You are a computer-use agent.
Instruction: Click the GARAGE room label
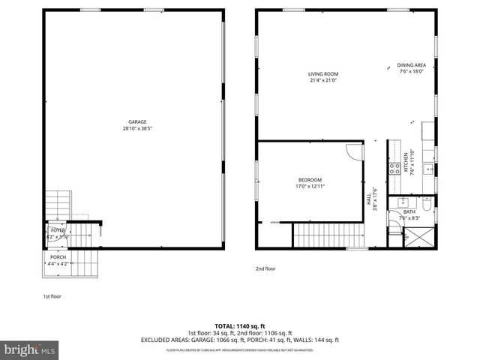coord(136,121)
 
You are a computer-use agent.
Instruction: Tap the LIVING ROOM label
coord(323,74)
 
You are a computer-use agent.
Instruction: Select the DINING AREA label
coord(411,66)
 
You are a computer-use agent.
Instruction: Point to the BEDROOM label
coord(310,180)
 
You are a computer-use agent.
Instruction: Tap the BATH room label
coord(409,212)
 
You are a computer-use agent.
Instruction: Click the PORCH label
coord(58,257)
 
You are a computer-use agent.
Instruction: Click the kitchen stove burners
coord(394,168)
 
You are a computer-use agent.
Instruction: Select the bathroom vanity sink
coord(403,202)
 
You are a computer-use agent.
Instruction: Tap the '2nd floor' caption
coord(265,268)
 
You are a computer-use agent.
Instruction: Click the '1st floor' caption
coord(51,296)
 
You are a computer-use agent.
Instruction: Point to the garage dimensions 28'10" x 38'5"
coord(136,128)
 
